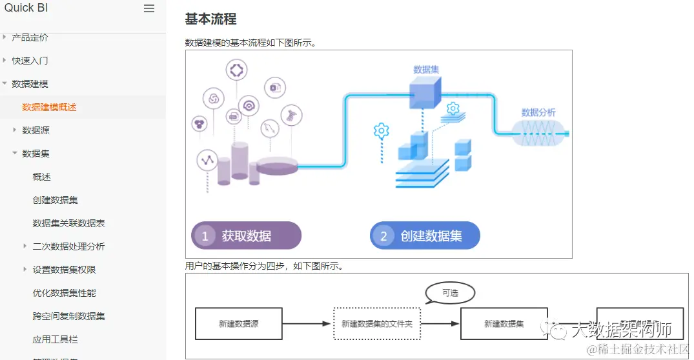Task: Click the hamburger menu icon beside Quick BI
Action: click(x=149, y=8)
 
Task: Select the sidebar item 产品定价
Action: click(x=30, y=37)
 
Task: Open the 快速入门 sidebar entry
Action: click(x=30, y=61)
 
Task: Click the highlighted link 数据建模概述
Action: click(x=49, y=107)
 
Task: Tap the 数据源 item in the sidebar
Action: click(x=36, y=130)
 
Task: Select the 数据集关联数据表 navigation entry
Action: click(x=68, y=223)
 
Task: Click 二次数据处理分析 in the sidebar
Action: click(x=68, y=246)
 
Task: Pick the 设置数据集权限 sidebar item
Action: click(x=64, y=270)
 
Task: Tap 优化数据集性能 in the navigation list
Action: click(x=64, y=293)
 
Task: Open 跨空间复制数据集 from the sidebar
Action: click(x=68, y=316)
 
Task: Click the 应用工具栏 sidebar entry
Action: click(x=56, y=339)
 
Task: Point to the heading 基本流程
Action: click(x=210, y=19)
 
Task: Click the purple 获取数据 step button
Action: click(x=246, y=235)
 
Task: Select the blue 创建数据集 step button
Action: click(x=425, y=235)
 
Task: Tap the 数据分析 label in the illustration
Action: click(x=538, y=112)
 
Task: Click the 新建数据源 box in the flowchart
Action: click(x=238, y=324)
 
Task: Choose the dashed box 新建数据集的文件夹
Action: click(x=377, y=324)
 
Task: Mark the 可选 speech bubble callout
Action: click(x=450, y=293)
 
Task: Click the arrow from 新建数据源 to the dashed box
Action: click(x=307, y=324)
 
